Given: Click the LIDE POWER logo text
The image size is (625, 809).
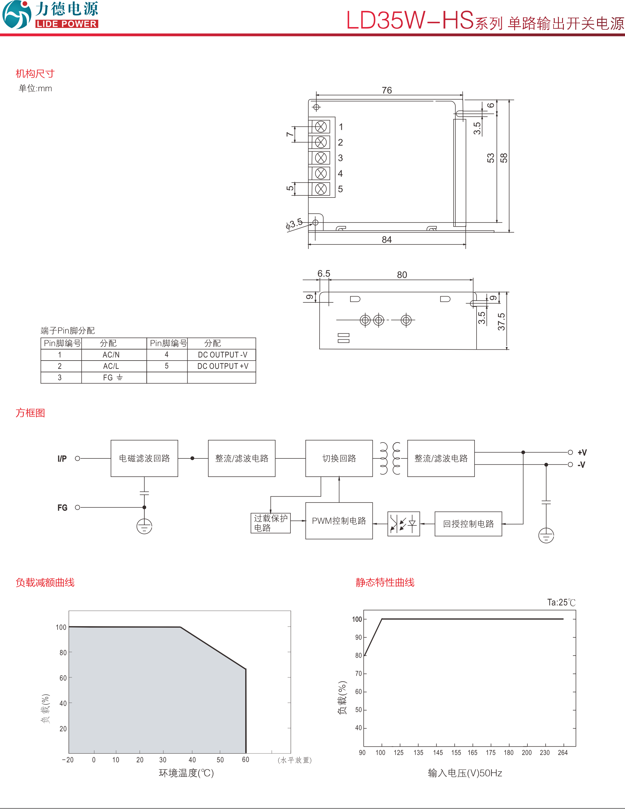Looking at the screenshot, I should click(x=67, y=24).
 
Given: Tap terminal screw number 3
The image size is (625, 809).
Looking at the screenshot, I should click(x=320, y=158).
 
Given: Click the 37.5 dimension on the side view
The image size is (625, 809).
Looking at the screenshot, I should click(x=501, y=321).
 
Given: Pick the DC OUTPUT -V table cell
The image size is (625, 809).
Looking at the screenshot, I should click(x=222, y=354).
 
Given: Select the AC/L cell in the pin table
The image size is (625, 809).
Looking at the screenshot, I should click(x=111, y=366).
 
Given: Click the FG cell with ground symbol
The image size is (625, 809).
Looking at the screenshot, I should click(x=112, y=377).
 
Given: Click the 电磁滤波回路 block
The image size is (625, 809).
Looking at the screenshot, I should click(x=144, y=458).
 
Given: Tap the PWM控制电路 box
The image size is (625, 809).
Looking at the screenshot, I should click(x=339, y=520).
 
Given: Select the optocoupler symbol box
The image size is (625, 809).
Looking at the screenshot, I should click(x=403, y=524).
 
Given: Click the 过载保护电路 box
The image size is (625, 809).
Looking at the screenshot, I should click(x=270, y=523).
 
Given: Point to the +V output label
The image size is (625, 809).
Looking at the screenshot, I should click(x=582, y=452).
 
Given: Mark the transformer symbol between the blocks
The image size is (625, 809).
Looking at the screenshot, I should click(x=390, y=458).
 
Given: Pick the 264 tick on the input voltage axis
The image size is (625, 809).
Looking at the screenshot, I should click(x=562, y=752).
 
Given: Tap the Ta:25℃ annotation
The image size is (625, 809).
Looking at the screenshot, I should click(x=561, y=602).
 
